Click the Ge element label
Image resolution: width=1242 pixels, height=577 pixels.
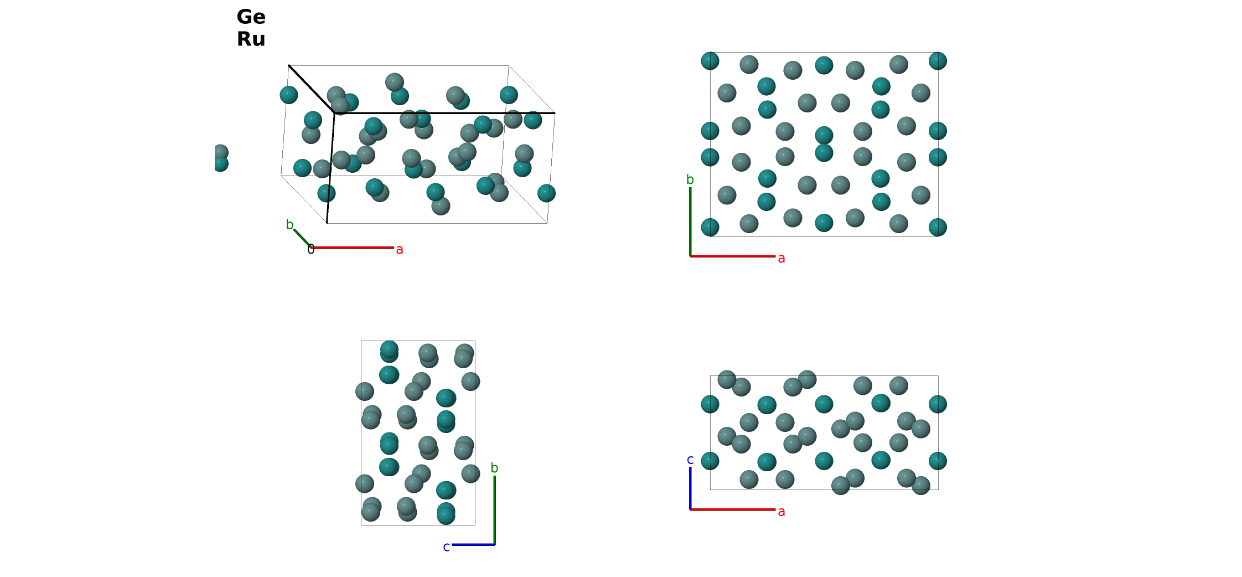point(251,17)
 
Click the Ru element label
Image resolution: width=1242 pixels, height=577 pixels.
point(251,39)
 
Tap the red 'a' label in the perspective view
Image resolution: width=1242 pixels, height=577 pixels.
point(400,250)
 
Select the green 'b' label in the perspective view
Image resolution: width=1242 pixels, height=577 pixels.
point(289,224)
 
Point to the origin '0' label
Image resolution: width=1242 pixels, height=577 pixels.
point(311,249)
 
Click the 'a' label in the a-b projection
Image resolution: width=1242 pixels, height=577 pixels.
point(782,259)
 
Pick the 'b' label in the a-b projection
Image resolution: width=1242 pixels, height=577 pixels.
point(690,179)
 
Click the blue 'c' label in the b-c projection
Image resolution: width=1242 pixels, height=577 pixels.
point(446,547)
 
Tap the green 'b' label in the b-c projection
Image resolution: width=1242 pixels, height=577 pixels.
point(494,468)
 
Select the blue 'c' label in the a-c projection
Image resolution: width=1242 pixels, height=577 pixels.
point(690,460)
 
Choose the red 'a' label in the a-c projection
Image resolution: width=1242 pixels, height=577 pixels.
point(782,512)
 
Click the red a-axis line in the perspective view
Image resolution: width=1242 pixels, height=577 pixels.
point(353,248)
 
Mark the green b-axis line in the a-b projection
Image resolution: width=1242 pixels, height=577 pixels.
point(690,221)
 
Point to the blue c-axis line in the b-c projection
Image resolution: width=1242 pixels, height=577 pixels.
point(473,545)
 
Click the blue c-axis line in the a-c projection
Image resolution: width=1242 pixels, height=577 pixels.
point(690,488)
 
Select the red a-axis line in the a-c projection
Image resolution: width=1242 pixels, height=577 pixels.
point(733,509)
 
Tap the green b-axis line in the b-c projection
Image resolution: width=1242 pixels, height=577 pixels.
point(494,510)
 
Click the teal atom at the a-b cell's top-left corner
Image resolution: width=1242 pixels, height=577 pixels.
point(710,61)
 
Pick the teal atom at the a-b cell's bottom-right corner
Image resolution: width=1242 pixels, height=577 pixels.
point(938,227)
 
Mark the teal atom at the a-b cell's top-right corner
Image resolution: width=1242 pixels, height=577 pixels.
point(938,61)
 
